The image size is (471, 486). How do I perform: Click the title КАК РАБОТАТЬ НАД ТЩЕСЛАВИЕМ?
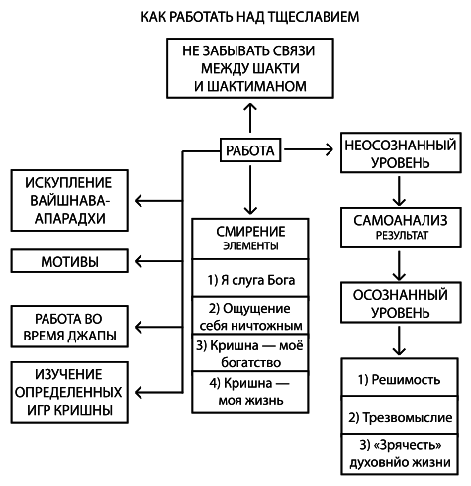(x=235, y=17)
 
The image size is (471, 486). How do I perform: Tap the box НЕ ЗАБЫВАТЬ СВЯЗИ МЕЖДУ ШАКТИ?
(x=248, y=69)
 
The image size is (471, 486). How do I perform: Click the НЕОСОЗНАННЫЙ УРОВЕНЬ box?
(x=399, y=150)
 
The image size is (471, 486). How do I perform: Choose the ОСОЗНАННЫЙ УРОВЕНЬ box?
(x=399, y=303)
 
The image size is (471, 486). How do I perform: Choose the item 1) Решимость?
(x=399, y=379)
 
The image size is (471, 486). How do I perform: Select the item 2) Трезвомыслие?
(x=399, y=417)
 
